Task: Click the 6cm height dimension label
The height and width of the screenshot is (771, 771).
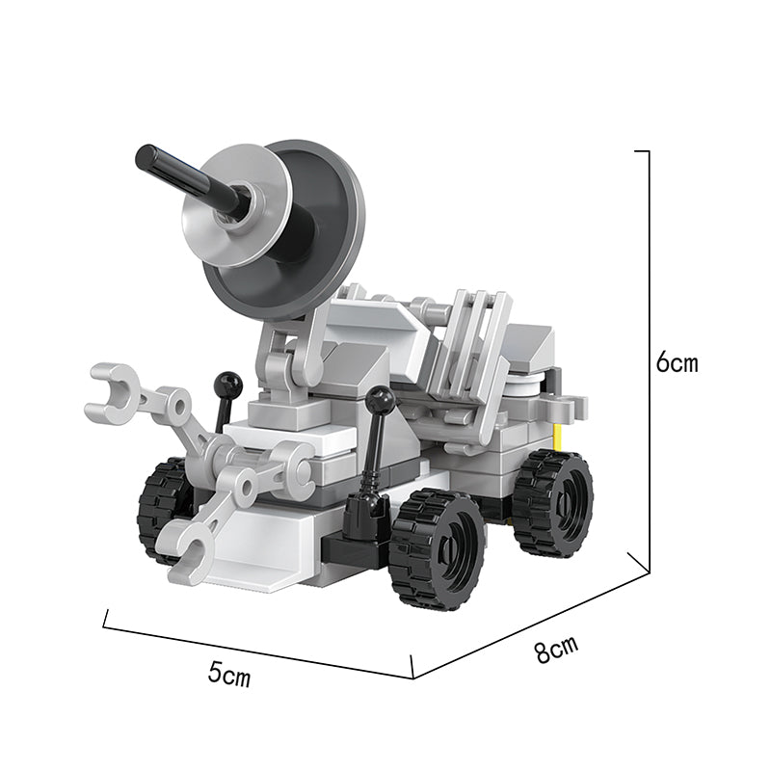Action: (x=677, y=363)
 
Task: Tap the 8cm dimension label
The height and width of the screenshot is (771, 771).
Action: (x=557, y=649)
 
